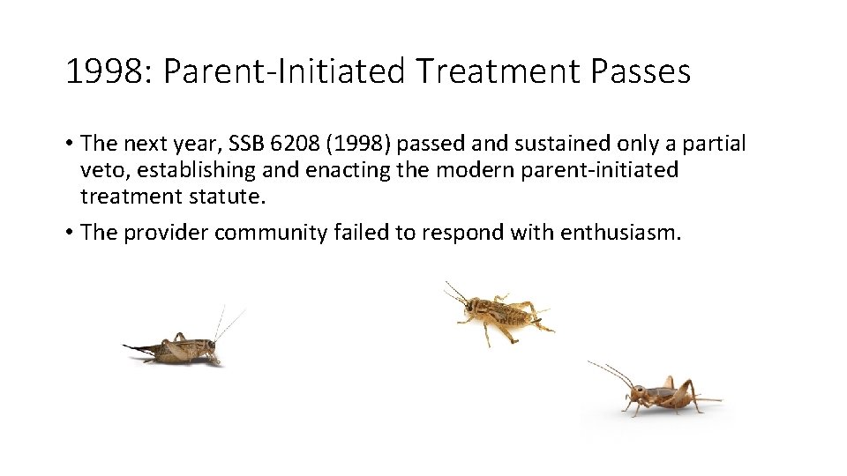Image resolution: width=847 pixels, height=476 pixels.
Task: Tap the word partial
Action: (x=713, y=143)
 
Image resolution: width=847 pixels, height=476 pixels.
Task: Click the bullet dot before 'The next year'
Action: (x=68, y=143)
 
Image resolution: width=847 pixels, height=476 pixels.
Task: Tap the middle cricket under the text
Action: (x=498, y=313)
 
